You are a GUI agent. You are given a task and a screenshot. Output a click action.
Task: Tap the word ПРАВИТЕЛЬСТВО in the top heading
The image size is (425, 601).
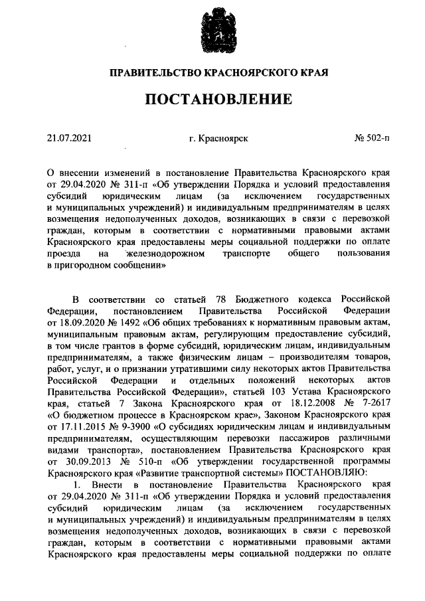152,71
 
